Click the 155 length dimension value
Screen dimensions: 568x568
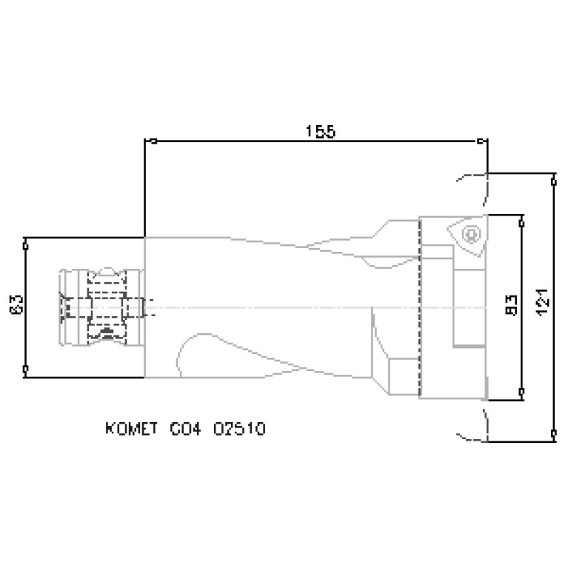[321, 131]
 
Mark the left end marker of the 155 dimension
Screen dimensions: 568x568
[153, 141]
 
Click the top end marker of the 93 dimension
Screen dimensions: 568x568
[522, 221]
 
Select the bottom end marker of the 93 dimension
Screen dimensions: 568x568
[522, 390]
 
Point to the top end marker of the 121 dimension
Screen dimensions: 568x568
[554, 178]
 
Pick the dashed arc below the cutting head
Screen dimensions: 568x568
[474, 426]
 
